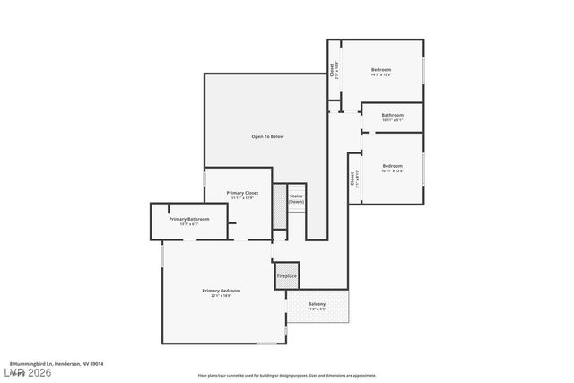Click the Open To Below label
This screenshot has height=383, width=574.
[266, 136]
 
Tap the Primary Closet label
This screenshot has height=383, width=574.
[241, 193]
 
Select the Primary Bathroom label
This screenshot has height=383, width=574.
[189, 219]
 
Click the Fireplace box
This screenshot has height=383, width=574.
[286, 276]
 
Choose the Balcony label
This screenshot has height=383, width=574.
[317, 304]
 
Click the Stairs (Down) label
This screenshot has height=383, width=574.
[296, 198]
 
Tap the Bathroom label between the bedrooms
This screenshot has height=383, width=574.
[392, 115]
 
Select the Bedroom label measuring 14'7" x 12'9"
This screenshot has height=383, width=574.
[380, 69]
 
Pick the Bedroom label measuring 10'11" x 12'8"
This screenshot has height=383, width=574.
[392, 165]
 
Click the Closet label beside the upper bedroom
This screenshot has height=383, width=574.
[335, 71]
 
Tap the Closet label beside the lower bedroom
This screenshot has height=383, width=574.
[353, 178]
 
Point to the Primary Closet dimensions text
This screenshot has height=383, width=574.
[241, 198]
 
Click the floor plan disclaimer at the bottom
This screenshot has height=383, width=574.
[286, 376]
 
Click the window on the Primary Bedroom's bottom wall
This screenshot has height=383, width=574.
[266, 344]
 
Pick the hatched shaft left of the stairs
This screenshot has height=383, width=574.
[278, 212]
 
